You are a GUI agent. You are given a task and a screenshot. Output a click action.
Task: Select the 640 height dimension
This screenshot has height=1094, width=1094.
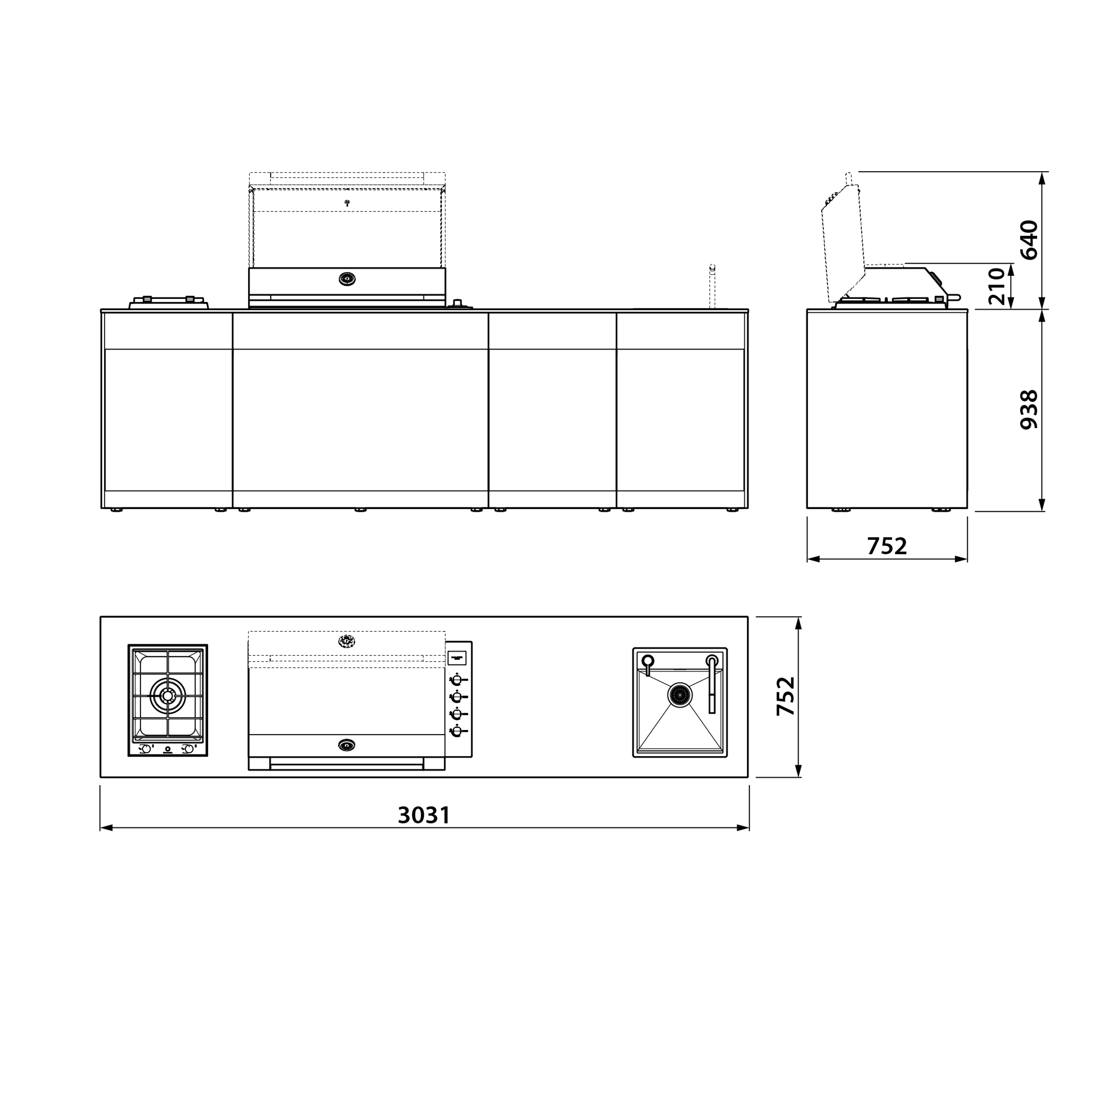(1029, 240)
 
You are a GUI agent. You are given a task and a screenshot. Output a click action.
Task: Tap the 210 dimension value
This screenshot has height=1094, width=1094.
(997, 287)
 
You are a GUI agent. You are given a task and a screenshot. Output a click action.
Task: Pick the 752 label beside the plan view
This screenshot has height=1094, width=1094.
(786, 696)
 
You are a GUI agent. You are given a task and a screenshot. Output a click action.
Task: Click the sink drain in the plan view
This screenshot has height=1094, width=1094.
(679, 695)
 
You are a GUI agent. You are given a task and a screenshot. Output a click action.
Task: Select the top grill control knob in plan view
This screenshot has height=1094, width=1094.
(456, 680)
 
